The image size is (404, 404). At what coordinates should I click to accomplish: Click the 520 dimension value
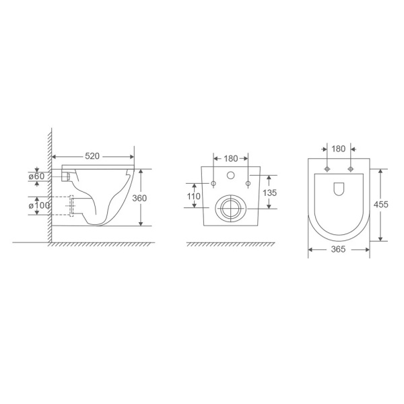[x=92, y=156]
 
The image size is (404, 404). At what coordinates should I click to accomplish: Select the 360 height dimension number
[x=139, y=198]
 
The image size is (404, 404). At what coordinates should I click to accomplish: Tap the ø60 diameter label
[x=36, y=176]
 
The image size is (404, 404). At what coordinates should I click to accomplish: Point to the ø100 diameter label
[x=39, y=205]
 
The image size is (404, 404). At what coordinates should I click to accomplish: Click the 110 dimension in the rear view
[x=193, y=197]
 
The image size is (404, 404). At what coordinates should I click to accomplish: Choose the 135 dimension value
[x=269, y=193]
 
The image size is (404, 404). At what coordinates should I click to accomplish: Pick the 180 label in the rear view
[x=230, y=159]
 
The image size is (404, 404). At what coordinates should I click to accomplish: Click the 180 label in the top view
[x=338, y=149]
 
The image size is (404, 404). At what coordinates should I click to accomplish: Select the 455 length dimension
[x=381, y=205]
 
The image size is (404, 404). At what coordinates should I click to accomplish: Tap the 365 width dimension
[x=338, y=249]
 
